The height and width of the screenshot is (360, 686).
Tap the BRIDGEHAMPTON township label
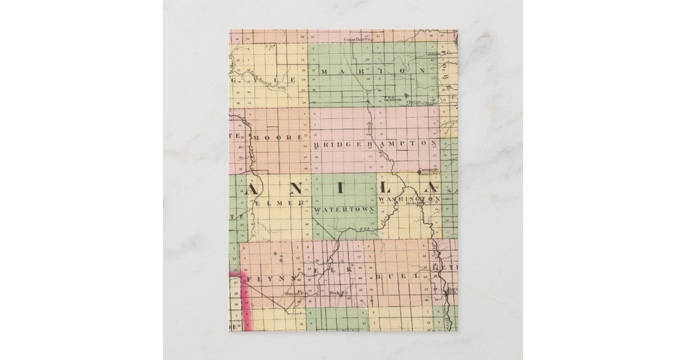click(376, 144)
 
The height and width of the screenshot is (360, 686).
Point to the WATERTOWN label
click(344, 210)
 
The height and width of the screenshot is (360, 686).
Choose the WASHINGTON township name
click(409, 198)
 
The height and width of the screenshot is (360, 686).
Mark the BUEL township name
click(397, 275)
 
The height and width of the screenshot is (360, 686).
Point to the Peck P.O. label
click(339, 293)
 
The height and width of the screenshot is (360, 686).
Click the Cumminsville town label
click(428, 170)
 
